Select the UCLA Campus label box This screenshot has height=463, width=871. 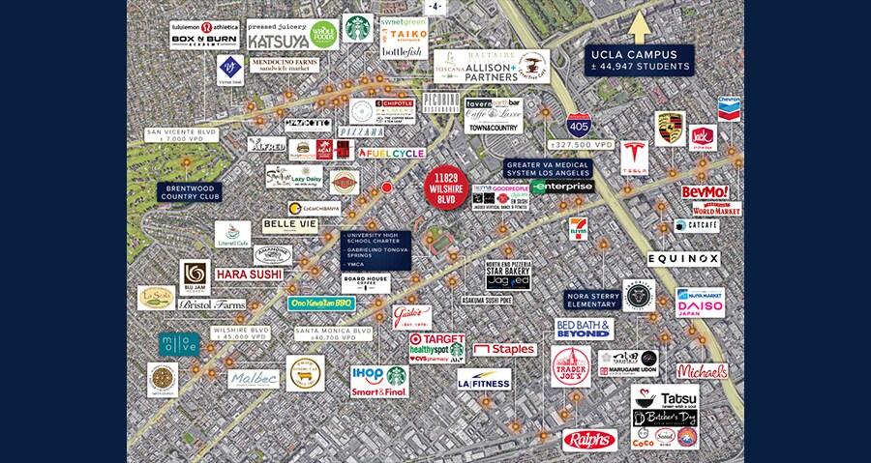(x=640, y=60)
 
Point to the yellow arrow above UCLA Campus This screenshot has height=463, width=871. (x=640, y=28)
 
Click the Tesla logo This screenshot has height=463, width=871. (x=634, y=158)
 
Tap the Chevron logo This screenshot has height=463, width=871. (x=730, y=107)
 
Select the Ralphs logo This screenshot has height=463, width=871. (x=589, y=440)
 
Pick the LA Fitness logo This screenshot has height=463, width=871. (x=484, y=380)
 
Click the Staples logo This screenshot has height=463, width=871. (x=504, y=349)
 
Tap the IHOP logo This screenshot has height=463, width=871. (x=366, y=373)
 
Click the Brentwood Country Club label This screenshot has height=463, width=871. (x=190, y=191)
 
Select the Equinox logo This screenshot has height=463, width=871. (x=683, y=259)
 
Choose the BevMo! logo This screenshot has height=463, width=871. (x=705, y=192)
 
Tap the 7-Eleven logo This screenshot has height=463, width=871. (x=579, y=230)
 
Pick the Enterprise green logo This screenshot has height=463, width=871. (x=562, y=187)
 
